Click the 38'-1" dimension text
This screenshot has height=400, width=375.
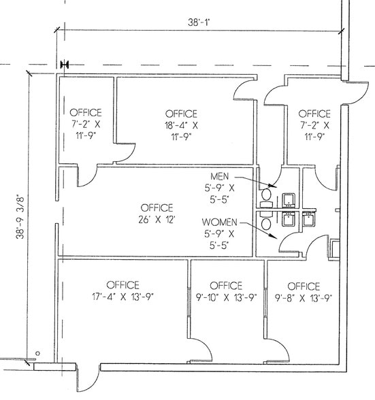199,22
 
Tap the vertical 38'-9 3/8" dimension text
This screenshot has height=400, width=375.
20,217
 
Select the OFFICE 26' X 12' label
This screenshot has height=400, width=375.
157,214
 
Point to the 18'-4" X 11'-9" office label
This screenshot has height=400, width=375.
181,125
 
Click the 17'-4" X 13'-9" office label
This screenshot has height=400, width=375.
123,291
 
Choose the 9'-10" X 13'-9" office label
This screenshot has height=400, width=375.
226,291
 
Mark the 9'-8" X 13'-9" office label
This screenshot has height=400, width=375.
304,292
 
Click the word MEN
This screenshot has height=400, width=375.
220,176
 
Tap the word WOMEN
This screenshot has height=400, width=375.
220,222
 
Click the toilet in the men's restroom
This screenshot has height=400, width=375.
266,198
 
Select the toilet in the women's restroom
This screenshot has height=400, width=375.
266,221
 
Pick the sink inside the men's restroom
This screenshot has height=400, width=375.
289,201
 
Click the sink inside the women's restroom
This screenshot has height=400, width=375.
289,219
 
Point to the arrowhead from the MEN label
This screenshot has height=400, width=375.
274,186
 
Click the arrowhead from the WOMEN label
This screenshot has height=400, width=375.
274,237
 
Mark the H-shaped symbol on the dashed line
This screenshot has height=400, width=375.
65,65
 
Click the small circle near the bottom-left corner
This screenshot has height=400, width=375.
37,353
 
